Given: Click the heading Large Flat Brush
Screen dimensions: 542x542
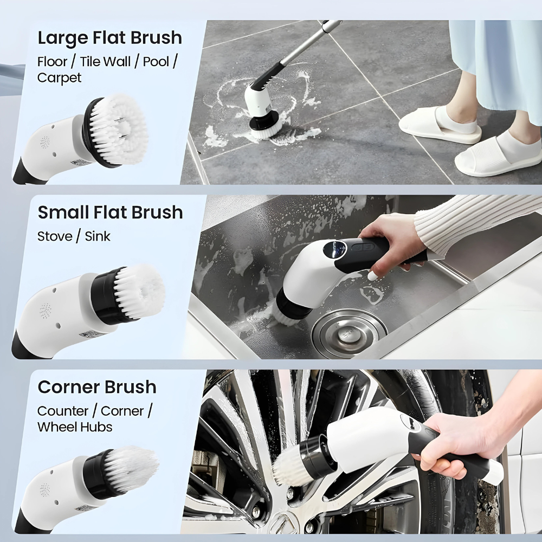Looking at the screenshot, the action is (110, 38).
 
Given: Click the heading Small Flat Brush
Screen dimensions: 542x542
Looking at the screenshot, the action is (110, 212).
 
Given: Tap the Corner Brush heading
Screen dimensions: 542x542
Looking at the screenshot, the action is (97, 387).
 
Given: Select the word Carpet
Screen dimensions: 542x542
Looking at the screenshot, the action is (60, 78).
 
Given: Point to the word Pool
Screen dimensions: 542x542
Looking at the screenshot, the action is (156, 62).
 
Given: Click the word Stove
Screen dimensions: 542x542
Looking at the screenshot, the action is (55, 236).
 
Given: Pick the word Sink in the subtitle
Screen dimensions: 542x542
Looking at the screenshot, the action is (98, 236).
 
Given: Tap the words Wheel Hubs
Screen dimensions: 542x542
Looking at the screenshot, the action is (75, 427).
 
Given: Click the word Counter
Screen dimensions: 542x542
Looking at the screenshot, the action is (62, 411).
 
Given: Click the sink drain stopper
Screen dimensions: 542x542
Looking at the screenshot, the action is (349, 333).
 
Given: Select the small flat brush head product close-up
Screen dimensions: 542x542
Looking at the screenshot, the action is (128, 294).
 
